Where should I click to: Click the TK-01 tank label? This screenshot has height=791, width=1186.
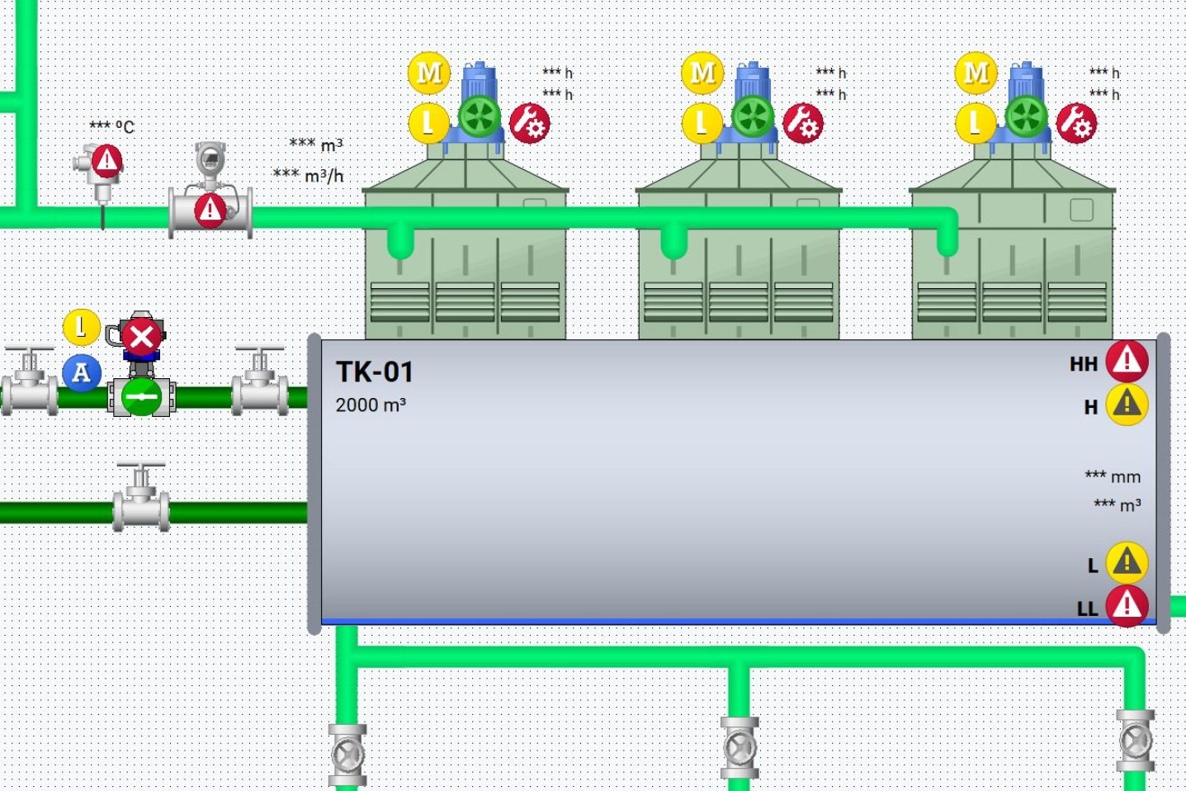point(375,372)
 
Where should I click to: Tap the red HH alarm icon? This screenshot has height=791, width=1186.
point(1127,362)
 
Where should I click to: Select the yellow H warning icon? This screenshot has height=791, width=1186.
point(1127,405)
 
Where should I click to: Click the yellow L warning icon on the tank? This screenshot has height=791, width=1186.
point(1127,562)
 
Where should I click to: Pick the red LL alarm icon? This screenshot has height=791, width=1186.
point(1127,605)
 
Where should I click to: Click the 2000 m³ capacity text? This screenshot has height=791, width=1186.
point(371,405)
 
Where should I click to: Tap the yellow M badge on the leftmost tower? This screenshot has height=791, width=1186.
point(429,73)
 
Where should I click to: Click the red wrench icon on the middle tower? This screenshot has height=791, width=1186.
point(803,124)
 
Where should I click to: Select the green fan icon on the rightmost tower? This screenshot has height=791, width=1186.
point(1026,116)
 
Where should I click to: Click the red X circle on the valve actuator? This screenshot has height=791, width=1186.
point(141,336)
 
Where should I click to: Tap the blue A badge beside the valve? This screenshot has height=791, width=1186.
point(82,373)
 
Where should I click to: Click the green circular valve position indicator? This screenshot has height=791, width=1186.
point(141,397)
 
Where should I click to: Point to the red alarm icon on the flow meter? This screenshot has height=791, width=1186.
point(210,211)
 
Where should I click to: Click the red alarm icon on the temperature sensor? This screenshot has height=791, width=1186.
point(107,160)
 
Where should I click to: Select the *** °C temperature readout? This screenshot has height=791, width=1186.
point(111,126)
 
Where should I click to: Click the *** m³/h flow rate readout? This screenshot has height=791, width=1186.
point(308,174)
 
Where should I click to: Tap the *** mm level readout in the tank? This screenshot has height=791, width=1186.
point(1113,476)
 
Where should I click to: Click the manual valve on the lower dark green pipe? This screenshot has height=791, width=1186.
point(141,498)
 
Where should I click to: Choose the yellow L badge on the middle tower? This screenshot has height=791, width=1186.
point(702,124)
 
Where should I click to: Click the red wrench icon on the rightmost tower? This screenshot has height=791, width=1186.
point(1076,124)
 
